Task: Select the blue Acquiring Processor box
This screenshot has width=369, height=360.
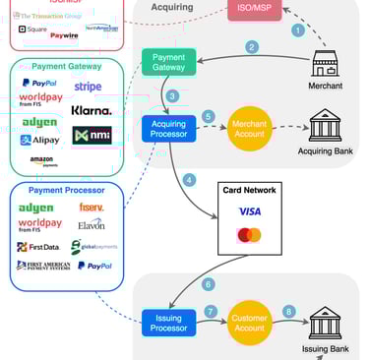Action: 167,129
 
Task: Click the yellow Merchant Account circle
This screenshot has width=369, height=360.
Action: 250,129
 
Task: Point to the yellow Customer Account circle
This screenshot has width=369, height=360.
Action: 250,323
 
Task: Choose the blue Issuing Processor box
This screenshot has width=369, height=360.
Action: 167,323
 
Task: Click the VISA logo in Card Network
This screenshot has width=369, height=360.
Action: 249,210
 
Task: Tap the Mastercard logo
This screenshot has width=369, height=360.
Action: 249,235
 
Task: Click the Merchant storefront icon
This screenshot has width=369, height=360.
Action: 326,64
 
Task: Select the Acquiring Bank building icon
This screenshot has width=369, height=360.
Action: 326,125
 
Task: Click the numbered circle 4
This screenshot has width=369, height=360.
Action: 190,180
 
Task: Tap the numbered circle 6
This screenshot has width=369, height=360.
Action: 208,285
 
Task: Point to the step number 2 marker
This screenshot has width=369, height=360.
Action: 252,46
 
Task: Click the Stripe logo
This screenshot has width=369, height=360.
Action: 88,88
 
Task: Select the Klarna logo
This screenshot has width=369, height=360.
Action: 92,110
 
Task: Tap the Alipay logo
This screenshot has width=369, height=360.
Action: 40,140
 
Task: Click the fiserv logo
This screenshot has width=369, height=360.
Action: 92,207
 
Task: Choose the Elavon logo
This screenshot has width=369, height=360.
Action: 92,224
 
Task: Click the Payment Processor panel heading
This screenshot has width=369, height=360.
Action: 66,190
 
